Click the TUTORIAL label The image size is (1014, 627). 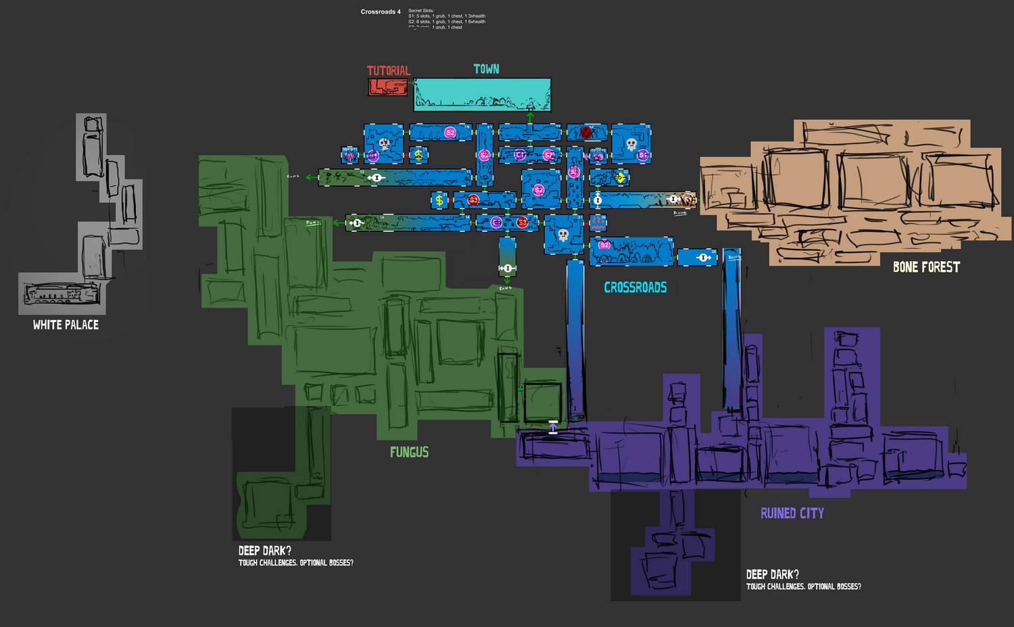[388, 70]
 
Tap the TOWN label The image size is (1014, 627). [486, 69]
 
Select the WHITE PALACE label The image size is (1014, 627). [66, 325]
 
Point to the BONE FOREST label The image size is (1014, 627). [926, 266]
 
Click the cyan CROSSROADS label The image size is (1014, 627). [635, 287]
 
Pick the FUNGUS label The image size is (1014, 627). [409, 452]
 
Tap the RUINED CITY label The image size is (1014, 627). [792, 513]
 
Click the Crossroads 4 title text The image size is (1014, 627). [381, 12]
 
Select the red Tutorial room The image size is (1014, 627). [388, 87]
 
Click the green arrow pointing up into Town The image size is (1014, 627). [531, 118]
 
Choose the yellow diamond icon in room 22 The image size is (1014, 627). [620, 178]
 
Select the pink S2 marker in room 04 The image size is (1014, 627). [604, 245]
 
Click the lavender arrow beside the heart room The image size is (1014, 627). [553, 427]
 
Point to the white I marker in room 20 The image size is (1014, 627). [703, 257]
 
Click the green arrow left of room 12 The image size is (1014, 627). [311, 178]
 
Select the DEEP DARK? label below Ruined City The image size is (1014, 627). [773, 574]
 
